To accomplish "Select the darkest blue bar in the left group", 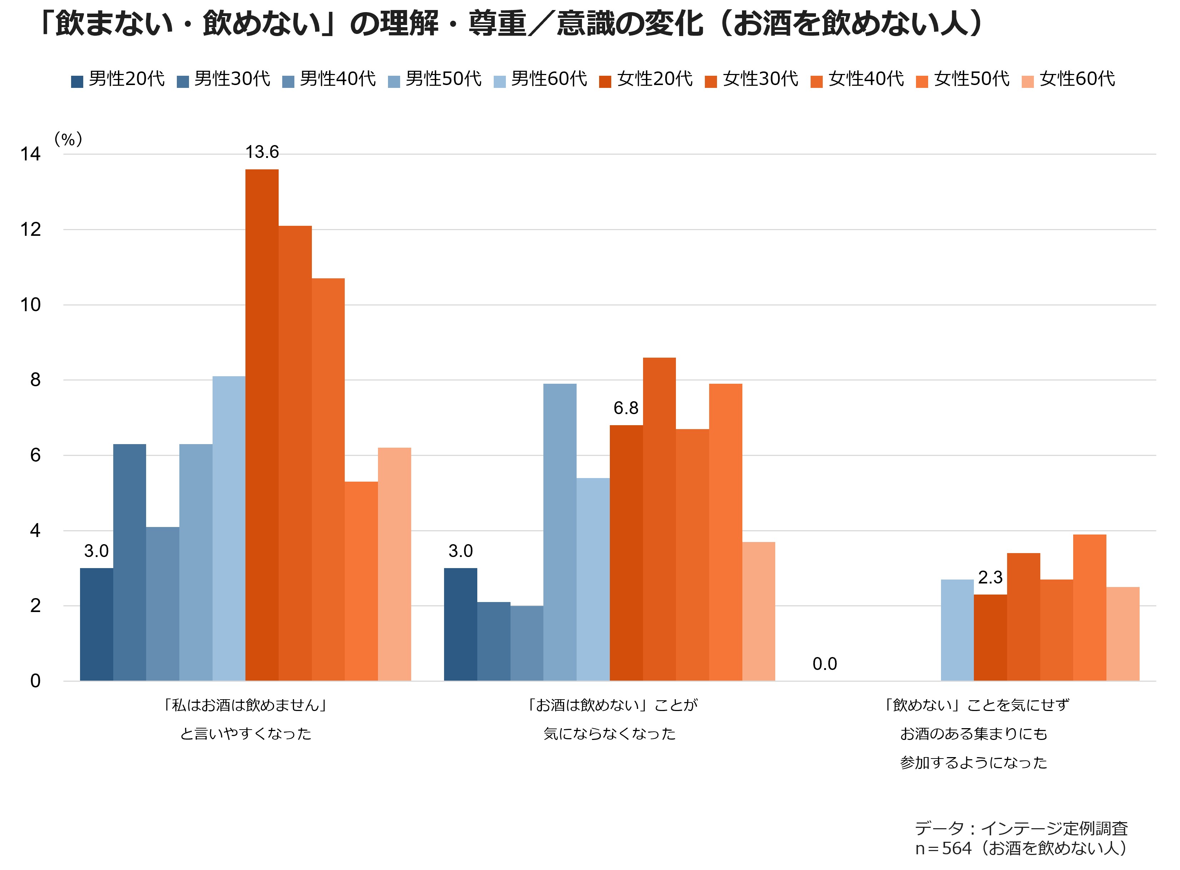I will tap(96, 624).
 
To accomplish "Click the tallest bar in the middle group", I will tap(659, 519).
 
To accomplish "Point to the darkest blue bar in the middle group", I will tap(460, 624).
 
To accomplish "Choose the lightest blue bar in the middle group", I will tap(593, 579).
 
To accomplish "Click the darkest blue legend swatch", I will tap(77, 81).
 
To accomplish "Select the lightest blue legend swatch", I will tap(500, 81).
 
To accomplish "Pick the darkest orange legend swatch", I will tap(605, 81).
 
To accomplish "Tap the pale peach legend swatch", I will tap(1027, 81).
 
